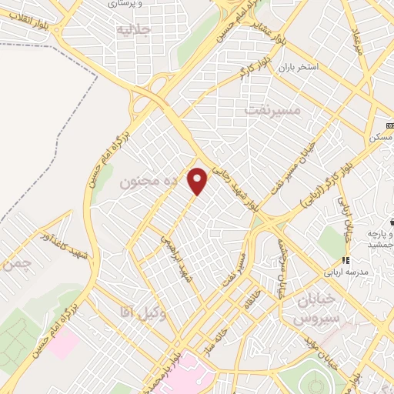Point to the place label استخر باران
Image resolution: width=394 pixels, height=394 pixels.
click(307, 67)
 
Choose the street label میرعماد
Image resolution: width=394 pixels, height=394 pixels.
click(356, 35)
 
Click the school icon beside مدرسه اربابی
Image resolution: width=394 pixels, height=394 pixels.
click(346, 261)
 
